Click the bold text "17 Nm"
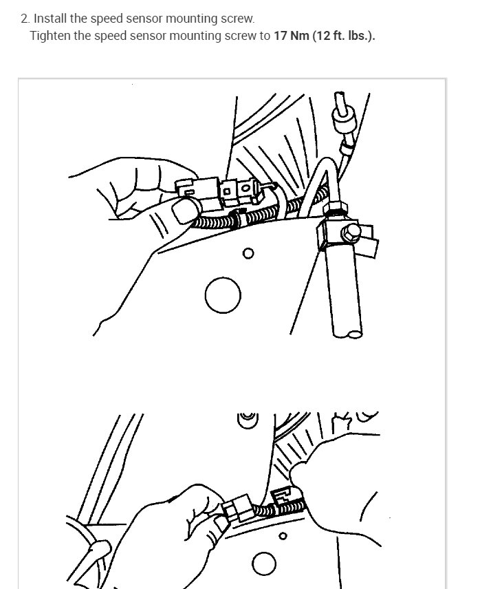[291, 36]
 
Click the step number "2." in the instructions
[26, 19]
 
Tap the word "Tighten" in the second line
[50, 36]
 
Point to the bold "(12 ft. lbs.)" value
[344, 36]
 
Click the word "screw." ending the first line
[237, 19]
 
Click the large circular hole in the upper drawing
[223, 297]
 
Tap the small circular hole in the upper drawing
[248, 254]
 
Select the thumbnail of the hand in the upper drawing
[184, 211]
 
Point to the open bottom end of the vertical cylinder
[354, 334]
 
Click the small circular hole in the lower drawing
[282, 537]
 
